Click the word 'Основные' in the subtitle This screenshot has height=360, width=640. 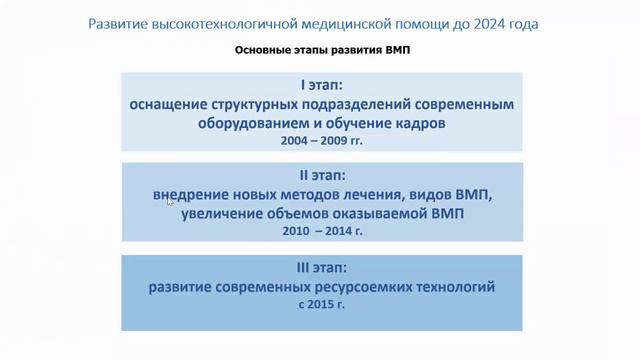[x=263, y=51]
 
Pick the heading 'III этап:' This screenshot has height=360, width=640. [x=321, y=268]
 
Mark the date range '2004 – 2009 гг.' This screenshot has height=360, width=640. [x=321, y=142]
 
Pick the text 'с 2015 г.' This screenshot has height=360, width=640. [x=321, y=306]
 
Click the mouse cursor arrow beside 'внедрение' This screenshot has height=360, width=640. [x=169, y=201]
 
